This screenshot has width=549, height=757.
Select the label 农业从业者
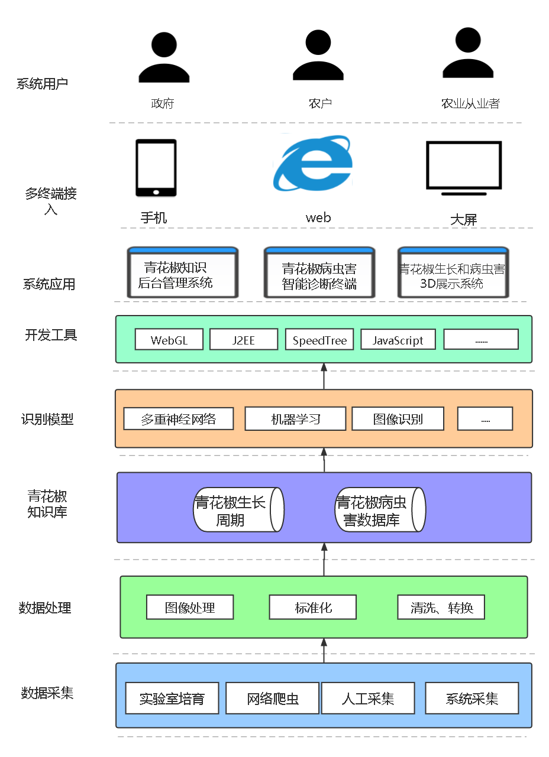(x=470, y=103)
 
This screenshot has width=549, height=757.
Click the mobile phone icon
(x=156, y=168)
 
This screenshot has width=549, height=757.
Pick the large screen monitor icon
(x=464, y=168)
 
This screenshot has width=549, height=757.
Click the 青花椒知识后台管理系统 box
(x=183, y=273)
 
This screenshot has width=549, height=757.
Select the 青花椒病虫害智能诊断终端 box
(x=319, y=273)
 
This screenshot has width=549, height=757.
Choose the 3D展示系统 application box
(x=453, y=273)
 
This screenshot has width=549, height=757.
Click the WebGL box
(x=169, y=340)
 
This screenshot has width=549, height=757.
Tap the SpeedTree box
(x=319, y=340)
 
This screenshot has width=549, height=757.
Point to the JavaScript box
(x=398, y=340)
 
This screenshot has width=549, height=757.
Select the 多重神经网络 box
(x=178, y=419)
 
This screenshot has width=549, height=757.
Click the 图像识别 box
(x=398, y=419)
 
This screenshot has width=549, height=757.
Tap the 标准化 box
(x=313, y=607)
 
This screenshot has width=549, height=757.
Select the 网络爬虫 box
(x=273, y=698)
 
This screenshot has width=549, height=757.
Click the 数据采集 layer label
(x=47, y=693)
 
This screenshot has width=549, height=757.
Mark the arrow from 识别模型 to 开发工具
(x=324, y=376)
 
